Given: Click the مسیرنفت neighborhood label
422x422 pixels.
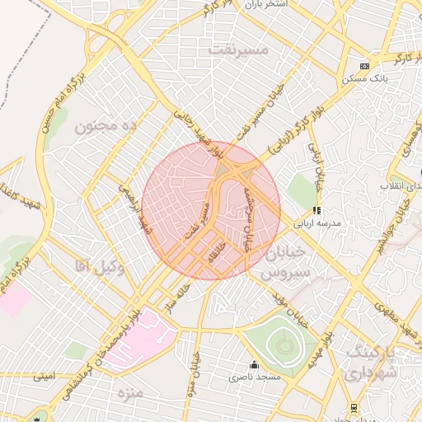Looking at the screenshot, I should click(239, 50).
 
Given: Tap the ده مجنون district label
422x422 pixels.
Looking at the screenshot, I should click(105, 126).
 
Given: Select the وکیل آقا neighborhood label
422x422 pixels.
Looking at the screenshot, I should click(99, 265).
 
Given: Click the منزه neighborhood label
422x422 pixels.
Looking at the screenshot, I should click(129, 391).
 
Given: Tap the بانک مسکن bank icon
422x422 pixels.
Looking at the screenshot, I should click(364, 66).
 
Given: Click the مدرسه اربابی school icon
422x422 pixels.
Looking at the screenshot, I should click(317, 210).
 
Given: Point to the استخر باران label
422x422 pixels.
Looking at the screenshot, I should click(264, 5).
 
